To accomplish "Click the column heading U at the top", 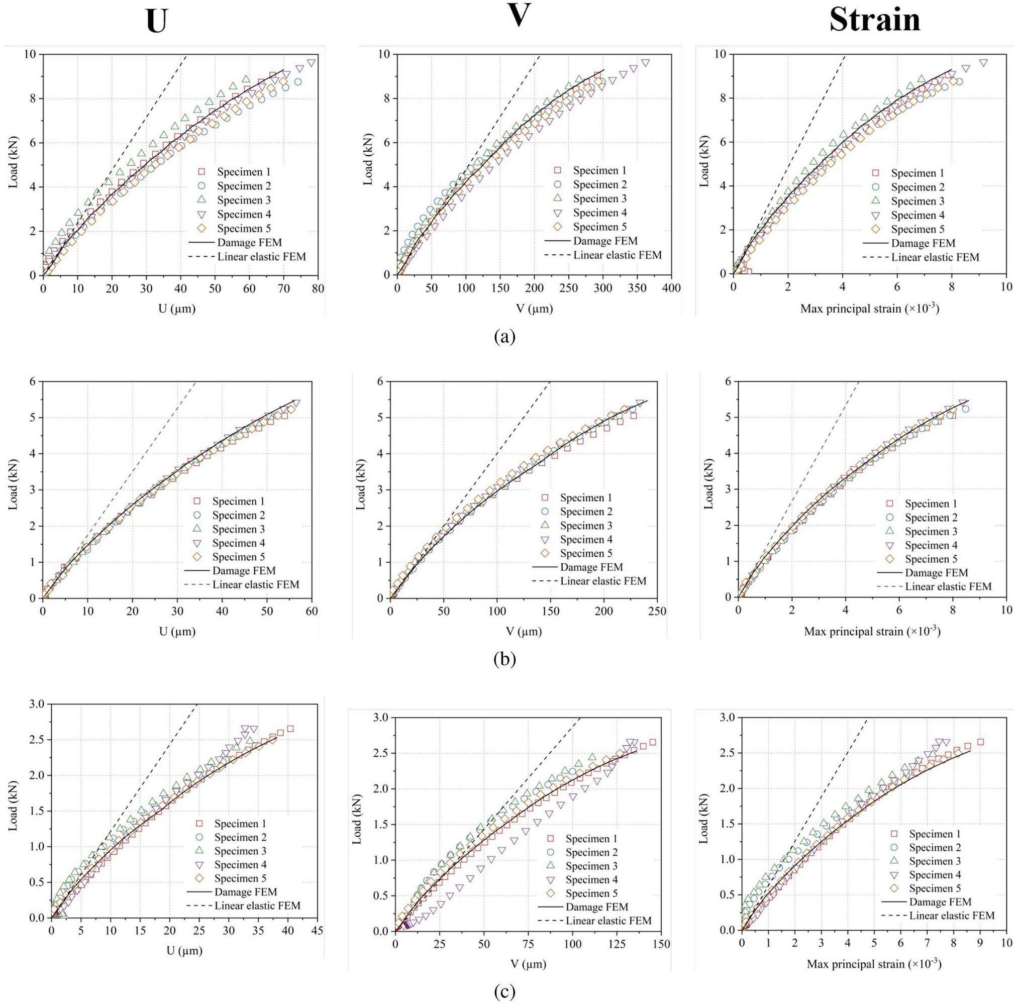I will [x=156, y=22].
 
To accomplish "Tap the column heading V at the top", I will [x=518, y=16].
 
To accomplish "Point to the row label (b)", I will [x=505, y=658].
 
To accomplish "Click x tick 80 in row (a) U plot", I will [x=318, y=289].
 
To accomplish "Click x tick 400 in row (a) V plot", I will [x=671, y=289].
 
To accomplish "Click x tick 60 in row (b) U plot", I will [x=312, y=611].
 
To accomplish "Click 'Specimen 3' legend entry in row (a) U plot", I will [x=244, y=200].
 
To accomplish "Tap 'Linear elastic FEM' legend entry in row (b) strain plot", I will [x=948, y=586].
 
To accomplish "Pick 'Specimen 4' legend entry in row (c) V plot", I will [x=591, y=879].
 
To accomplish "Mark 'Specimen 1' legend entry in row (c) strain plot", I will [x=935, y=834].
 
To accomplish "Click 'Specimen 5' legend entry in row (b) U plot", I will [x=238, y=557].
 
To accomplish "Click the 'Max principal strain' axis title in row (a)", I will [x=869, y=309].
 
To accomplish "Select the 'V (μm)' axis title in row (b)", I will [x=526, y=631].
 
